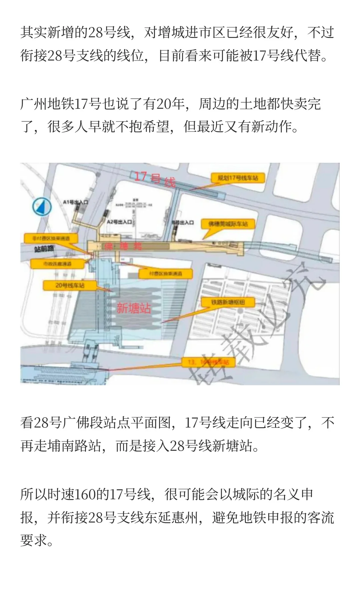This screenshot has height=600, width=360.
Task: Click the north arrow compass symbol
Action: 42,206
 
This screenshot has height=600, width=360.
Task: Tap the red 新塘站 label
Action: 133,308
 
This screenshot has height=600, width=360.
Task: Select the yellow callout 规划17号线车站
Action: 238,178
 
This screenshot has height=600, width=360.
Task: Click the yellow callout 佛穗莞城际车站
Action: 228,224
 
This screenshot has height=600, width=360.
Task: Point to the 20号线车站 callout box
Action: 70,285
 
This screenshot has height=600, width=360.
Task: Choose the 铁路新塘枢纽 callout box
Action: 228,302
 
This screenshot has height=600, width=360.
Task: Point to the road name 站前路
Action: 44,249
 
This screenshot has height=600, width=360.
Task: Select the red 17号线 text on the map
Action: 155,179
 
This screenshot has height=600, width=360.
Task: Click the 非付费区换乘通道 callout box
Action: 51,238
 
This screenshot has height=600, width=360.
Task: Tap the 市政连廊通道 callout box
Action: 52,264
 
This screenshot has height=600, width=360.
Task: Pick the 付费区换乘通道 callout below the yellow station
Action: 166,274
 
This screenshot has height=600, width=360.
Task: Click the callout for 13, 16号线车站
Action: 208,362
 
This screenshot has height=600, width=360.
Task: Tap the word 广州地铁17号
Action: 60,104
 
